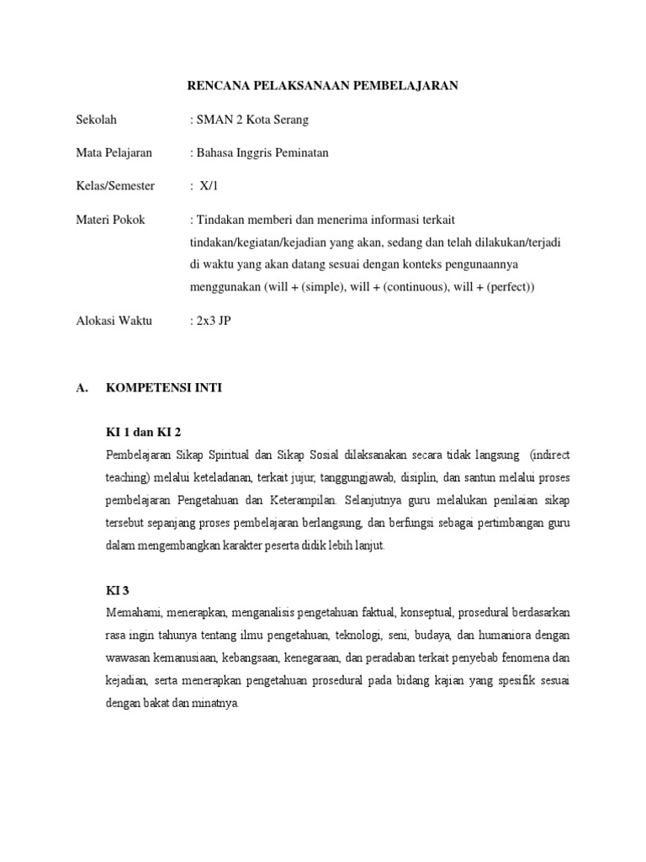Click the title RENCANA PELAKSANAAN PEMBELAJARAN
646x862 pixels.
tap(321, 86)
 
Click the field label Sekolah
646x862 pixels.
tap(96, 120)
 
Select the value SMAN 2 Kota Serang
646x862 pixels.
tap(251, 120)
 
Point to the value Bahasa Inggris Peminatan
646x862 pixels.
tap(260, 152)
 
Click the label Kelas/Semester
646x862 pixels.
tap(116, 185)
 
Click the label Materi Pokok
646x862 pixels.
tap(110, 220)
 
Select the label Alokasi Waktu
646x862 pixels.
tap(114, 321)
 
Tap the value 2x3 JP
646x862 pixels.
tap(211, 321)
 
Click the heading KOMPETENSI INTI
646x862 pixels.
tap(163, 388)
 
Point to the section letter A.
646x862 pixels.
tap(82, 388)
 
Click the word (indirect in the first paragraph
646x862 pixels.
tap(550, 455)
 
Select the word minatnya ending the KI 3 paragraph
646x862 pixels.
tap(216, 702)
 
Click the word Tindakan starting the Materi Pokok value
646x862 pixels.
tap(220, 220)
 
